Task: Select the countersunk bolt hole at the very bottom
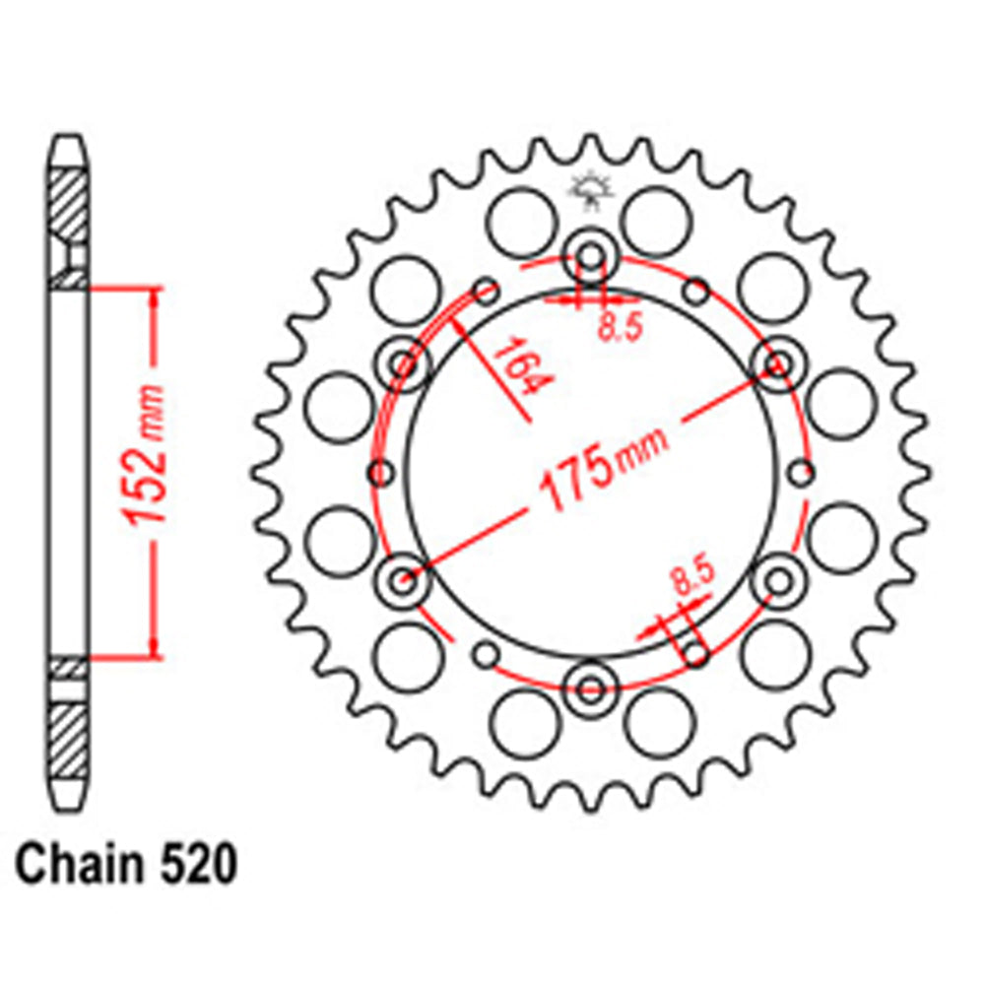point(591,684)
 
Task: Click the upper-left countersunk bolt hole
point(405,364)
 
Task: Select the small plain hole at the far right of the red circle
point(802,472)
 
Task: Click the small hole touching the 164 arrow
point(486,291)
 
